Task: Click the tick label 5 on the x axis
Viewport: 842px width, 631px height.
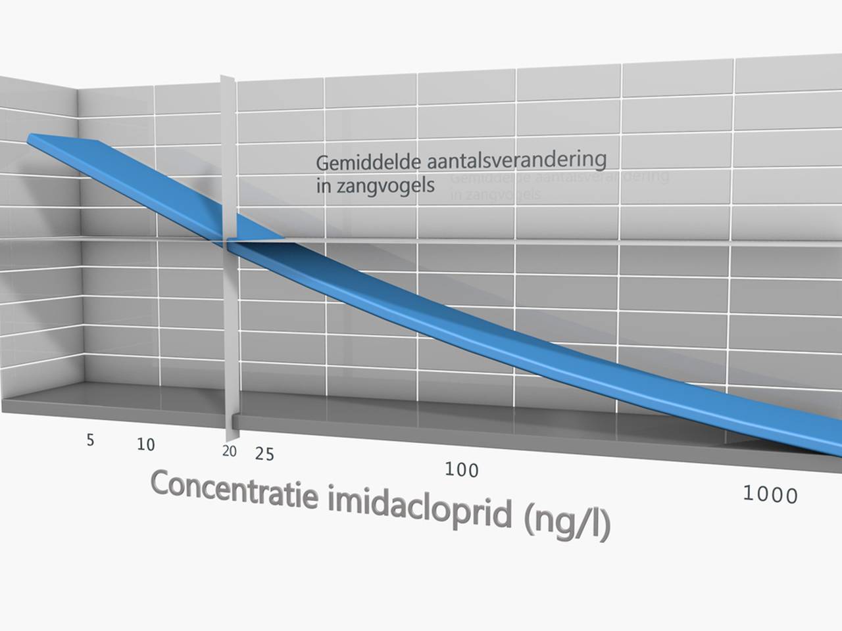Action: pos(90,440)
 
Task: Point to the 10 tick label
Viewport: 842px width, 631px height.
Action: pos(145,444)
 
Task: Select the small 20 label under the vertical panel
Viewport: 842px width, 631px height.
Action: pos(229,451)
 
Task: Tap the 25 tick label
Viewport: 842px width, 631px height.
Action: pos(264,454)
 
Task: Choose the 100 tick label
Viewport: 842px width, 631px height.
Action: pos(461,469)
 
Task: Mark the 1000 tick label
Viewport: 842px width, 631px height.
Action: pos(770,494)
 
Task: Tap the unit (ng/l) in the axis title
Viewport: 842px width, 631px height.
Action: pos(568,524)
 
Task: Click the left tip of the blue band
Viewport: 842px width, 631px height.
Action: pos(30,138)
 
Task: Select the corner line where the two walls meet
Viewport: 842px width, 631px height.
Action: pos(80,237)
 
